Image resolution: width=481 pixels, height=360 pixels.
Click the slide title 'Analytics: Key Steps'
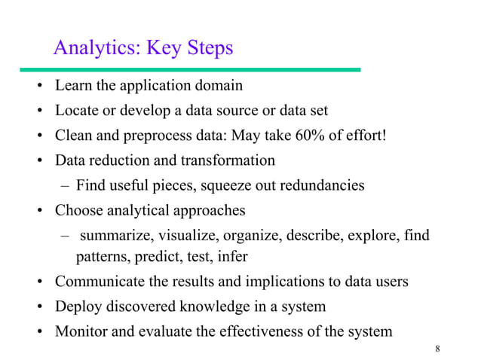tap(143, 48)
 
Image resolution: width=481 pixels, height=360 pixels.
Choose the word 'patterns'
tap(103, 256)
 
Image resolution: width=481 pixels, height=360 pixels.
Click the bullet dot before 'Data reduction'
tap(38, 160)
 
